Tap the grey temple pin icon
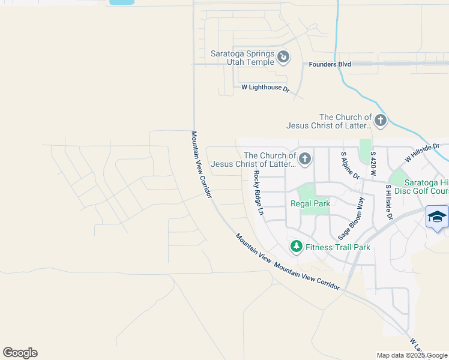283,57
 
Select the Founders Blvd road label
328,64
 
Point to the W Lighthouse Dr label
265,88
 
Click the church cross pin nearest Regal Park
304,159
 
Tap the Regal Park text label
310,204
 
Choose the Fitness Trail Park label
338,247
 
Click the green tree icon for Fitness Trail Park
296,246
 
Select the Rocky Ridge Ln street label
258,193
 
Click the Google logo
20,353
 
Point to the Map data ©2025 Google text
411,355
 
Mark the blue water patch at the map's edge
122,2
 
